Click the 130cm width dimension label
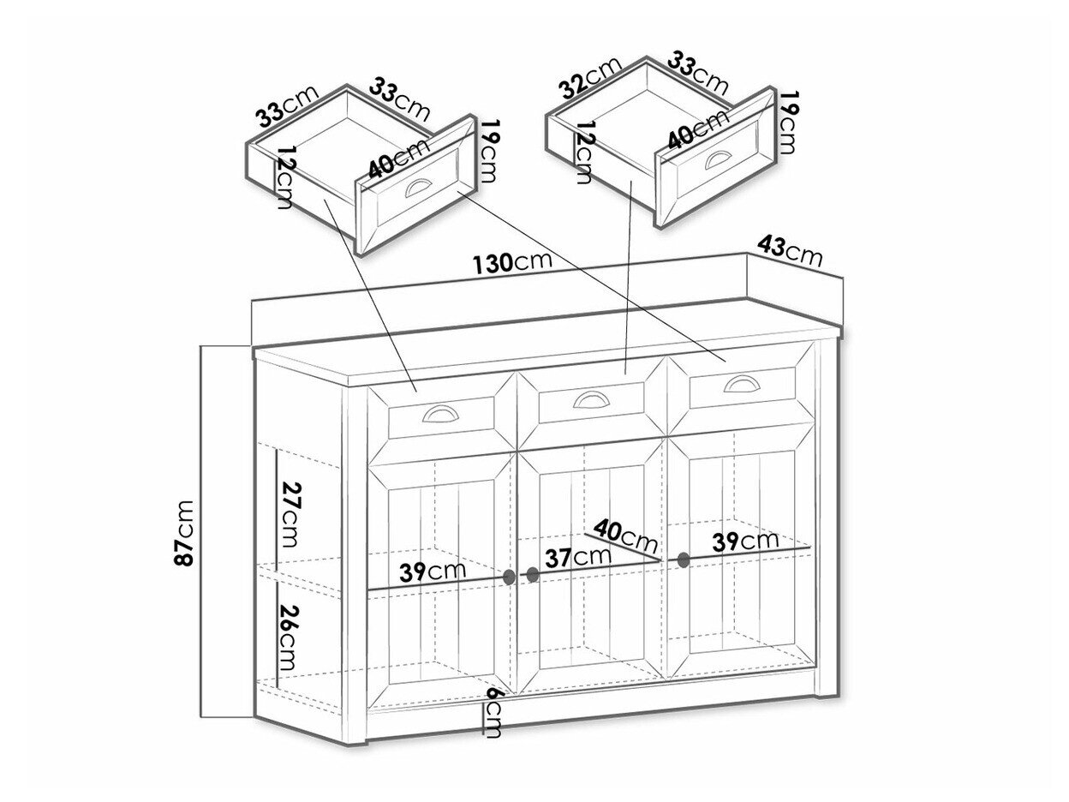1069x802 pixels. [x=512, y=263]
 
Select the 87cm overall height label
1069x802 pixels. [x=186, y=533]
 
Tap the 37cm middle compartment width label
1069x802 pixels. [x=579, y=557]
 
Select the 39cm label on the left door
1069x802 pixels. [x=433, y=572]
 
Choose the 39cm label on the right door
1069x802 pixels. [x=746, y=541]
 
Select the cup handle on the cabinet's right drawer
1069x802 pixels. [x=742, y=383]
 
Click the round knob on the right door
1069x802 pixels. [x=683, y=560]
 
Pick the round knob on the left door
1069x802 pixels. [x=510, y=577]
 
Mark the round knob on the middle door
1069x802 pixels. [x=532, y=575]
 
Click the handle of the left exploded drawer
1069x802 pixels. [x=421, y=189]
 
